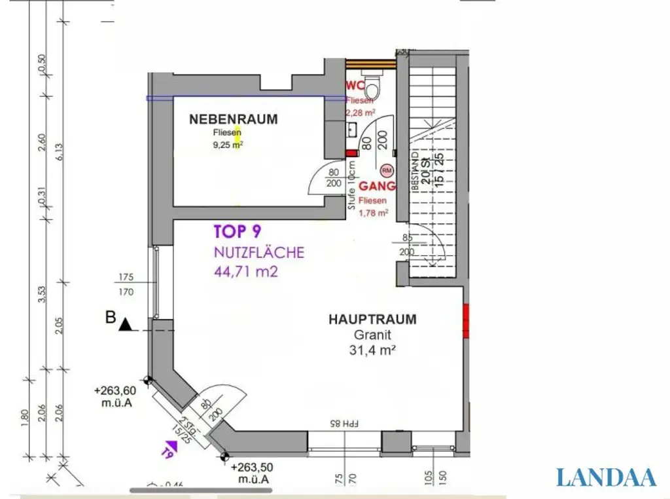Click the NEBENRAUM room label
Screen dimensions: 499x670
(x=233, y=119)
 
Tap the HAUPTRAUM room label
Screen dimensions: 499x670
(x=372, y=320)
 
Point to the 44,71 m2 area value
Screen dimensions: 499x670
(x=246, y=270)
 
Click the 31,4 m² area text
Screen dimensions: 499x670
(x=372, y=350)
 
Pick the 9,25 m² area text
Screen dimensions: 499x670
(x=227, y=145)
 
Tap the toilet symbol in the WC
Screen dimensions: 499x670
(x=372, y=86)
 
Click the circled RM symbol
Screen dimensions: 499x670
(x=387, y=170)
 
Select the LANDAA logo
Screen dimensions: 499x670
(x=606, y=477)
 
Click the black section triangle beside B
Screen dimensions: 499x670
(x=126, y=323)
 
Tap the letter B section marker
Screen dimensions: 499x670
(x=110, y=319)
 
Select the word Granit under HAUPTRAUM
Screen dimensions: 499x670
(x=372, y=335)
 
